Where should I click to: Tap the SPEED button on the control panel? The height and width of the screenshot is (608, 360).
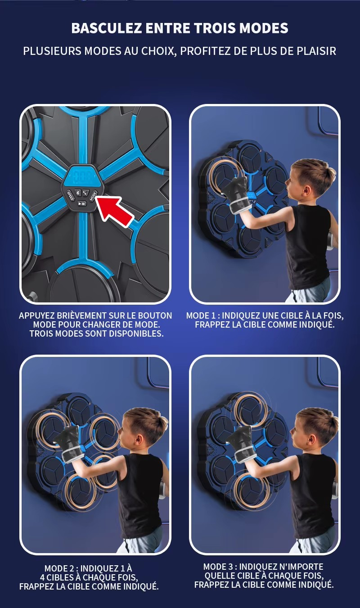(x=70, y=195)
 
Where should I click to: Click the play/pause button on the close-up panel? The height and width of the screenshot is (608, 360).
(x=82, y=203)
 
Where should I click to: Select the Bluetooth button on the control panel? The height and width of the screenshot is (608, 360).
(x=77, y=193)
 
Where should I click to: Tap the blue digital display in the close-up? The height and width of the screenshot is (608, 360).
(x=84, y=177)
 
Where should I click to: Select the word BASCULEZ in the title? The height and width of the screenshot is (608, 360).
(x=107, y=28)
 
